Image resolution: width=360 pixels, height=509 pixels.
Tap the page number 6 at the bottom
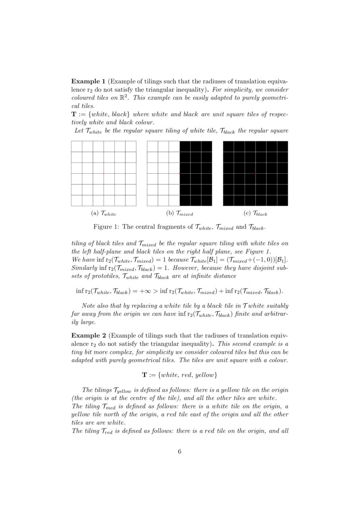coord(180,451)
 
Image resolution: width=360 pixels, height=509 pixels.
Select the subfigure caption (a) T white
coord(104,214)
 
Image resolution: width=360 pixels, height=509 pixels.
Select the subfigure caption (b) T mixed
coord(179,214)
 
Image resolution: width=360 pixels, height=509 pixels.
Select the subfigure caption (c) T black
coord(256,214)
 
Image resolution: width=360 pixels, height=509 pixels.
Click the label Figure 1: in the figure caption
coord(106,227)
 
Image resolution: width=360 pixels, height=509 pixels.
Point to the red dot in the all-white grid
coord(104,173)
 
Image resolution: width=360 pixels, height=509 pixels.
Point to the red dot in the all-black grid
coord(256,173)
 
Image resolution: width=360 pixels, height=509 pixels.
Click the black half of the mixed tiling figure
coord(196,173)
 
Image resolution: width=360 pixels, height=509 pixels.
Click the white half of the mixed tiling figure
coord(163,173)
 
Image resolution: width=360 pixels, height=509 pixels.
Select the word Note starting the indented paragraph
coord(89,306)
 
